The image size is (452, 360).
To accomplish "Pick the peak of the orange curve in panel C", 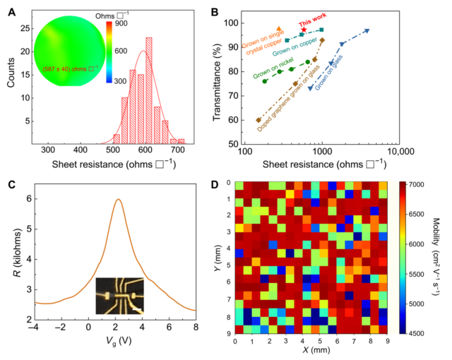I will tap(118, 199).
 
